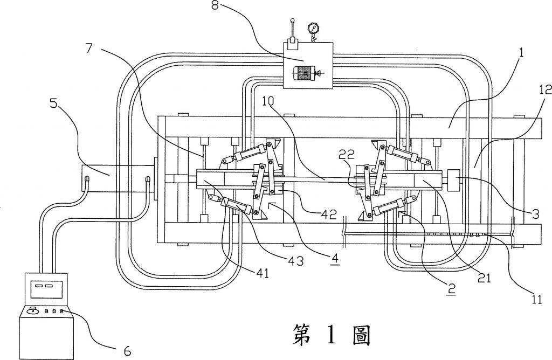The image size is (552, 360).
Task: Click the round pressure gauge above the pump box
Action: click(x=312, y=27)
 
